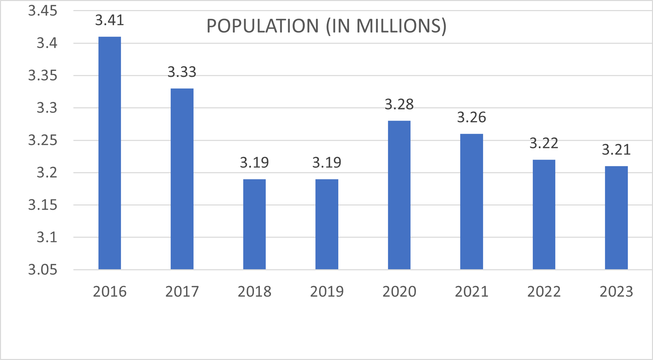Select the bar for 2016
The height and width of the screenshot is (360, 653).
tap(110, 153)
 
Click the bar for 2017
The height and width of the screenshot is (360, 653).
tap(182, 179)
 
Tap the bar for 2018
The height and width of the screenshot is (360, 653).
tap(254, 224)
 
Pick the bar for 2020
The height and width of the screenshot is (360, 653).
tap(399, 195)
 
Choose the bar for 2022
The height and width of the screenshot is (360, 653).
tap(544, 214)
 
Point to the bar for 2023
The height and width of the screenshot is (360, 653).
tap(616, 217)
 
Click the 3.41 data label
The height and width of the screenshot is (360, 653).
tap(110, 21)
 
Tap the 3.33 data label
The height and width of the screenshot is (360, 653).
tap(182, 72)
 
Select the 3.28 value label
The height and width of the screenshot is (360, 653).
tap(399, 105)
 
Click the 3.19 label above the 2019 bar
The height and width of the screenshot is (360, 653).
tap(326, 163)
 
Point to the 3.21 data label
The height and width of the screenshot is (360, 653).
tap(616, 150)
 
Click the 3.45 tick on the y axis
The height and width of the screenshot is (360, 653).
tap(43, 11)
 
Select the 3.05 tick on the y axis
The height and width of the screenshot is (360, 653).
tap(43, 270)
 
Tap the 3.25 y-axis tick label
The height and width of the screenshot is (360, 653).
tap(43, 141)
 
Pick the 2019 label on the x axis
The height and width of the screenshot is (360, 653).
tap(326, 291)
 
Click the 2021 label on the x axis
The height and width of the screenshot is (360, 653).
tap(471, 291)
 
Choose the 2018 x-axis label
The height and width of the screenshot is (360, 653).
tap(254, 291)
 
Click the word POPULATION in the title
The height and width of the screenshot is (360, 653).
tap(262, 26)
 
